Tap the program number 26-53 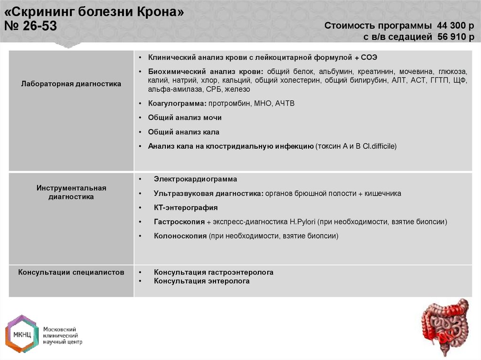tap(38, 26)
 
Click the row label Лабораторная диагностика tap(71, 84)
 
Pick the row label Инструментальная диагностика tap(71, 192)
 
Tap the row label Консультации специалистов tap(71, 272)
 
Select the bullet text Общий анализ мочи tap(185, 118)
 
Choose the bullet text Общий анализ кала tap(184, 132)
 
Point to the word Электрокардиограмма tap(195, 179)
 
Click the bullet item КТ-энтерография tap(186, 207)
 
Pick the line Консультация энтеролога tap(202, 281)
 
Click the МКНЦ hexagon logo tap(21, 334)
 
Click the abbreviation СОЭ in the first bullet tap(369, 57)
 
